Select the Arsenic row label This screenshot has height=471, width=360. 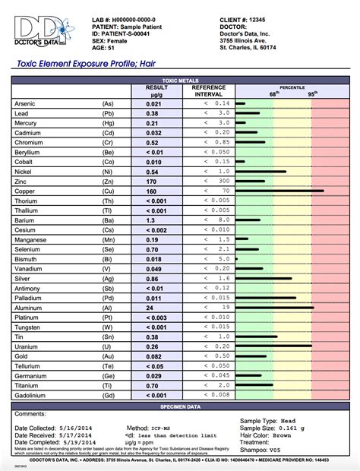pyautogui.click(x=27, y=102)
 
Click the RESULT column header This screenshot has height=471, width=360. pyautogui.click(x=156, y=88)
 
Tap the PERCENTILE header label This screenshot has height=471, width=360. pyautogui.click(x=292, y=87)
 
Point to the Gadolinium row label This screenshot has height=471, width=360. pyautogui.click(x=33, y=394)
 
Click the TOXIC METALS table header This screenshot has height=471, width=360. pyautogui.click(x=180, y=79)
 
